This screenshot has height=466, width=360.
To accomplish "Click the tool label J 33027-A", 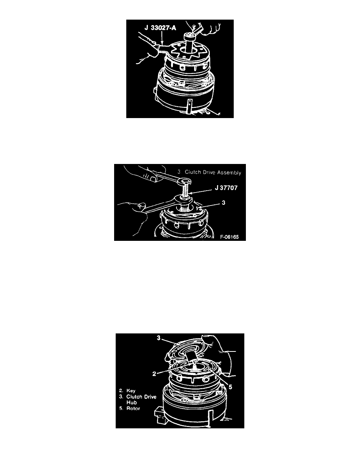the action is pos(160,28).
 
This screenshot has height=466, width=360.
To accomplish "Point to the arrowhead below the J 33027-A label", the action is pos(162,42).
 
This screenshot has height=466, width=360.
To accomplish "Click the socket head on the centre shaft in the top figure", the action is pos(189,37).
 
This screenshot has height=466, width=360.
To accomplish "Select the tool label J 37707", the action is pos(226,188).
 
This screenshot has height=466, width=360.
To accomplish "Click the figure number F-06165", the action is pos(229,237).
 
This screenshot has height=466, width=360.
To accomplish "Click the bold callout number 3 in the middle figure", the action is pos(224,202).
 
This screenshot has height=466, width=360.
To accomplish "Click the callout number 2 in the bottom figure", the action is pos(154,374).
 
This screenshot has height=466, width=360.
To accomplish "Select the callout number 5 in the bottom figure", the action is pos(230,387).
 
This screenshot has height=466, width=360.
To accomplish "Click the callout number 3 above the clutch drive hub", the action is pos(159,338).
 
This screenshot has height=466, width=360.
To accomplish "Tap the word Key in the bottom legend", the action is pos(131,391).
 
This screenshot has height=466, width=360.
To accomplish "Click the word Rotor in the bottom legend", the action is pos(133,408).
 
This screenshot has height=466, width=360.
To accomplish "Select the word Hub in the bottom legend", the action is pos(132,402).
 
